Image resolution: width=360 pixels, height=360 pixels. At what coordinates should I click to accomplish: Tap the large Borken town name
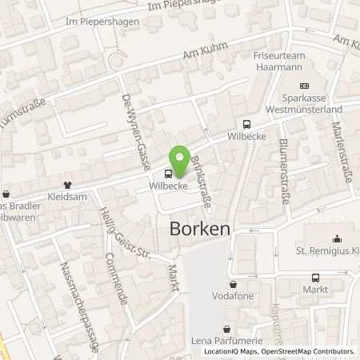click(x=200, y=229)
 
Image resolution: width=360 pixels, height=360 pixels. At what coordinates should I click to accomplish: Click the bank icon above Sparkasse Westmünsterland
click(x=303, y=86)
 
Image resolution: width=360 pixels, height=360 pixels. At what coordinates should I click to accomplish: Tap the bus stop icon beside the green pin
click(x=168, y=174)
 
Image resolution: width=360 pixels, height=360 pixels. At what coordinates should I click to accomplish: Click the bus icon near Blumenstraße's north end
click(x=246, y=124)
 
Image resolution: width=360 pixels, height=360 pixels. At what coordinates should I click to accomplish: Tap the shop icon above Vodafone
click(x=232, y=283)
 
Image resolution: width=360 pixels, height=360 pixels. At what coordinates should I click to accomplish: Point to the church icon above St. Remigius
click(x=336, y=238)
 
